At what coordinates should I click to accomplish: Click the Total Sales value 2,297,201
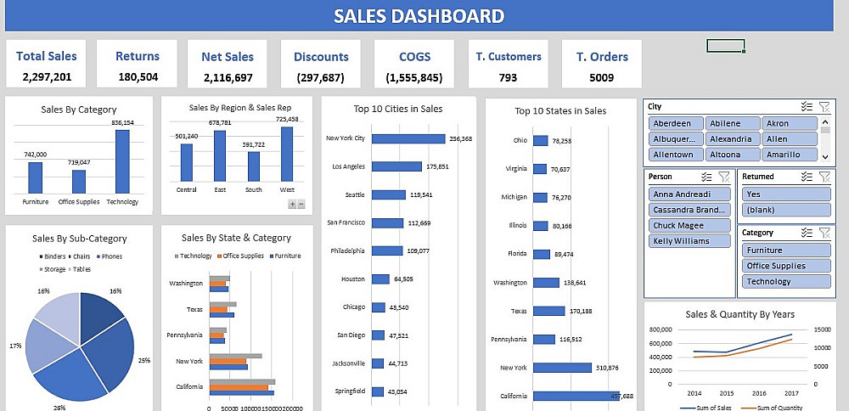[x=46, y=77]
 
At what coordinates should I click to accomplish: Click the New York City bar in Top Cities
[x=408, y=138]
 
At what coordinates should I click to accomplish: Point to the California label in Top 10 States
[x=514, y=396]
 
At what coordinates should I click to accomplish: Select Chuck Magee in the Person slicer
[x=689, y=225]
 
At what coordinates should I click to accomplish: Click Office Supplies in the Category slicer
[x=784, y=266]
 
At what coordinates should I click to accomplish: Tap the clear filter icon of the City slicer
[x=824, y=107]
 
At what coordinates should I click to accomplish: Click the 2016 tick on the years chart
[x=759, y=393]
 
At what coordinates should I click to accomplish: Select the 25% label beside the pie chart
[x=143, y=360]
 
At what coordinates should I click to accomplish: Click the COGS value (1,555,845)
[x=413, y=77]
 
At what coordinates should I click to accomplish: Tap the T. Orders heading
[x=602, y=57]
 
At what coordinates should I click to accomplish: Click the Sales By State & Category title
[x=236, y=238]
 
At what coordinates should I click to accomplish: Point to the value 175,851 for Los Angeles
[x=437, y=166]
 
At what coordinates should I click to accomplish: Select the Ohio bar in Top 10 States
[x=539, y=140]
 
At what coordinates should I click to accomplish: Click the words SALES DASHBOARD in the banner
[x=419, y=16]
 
